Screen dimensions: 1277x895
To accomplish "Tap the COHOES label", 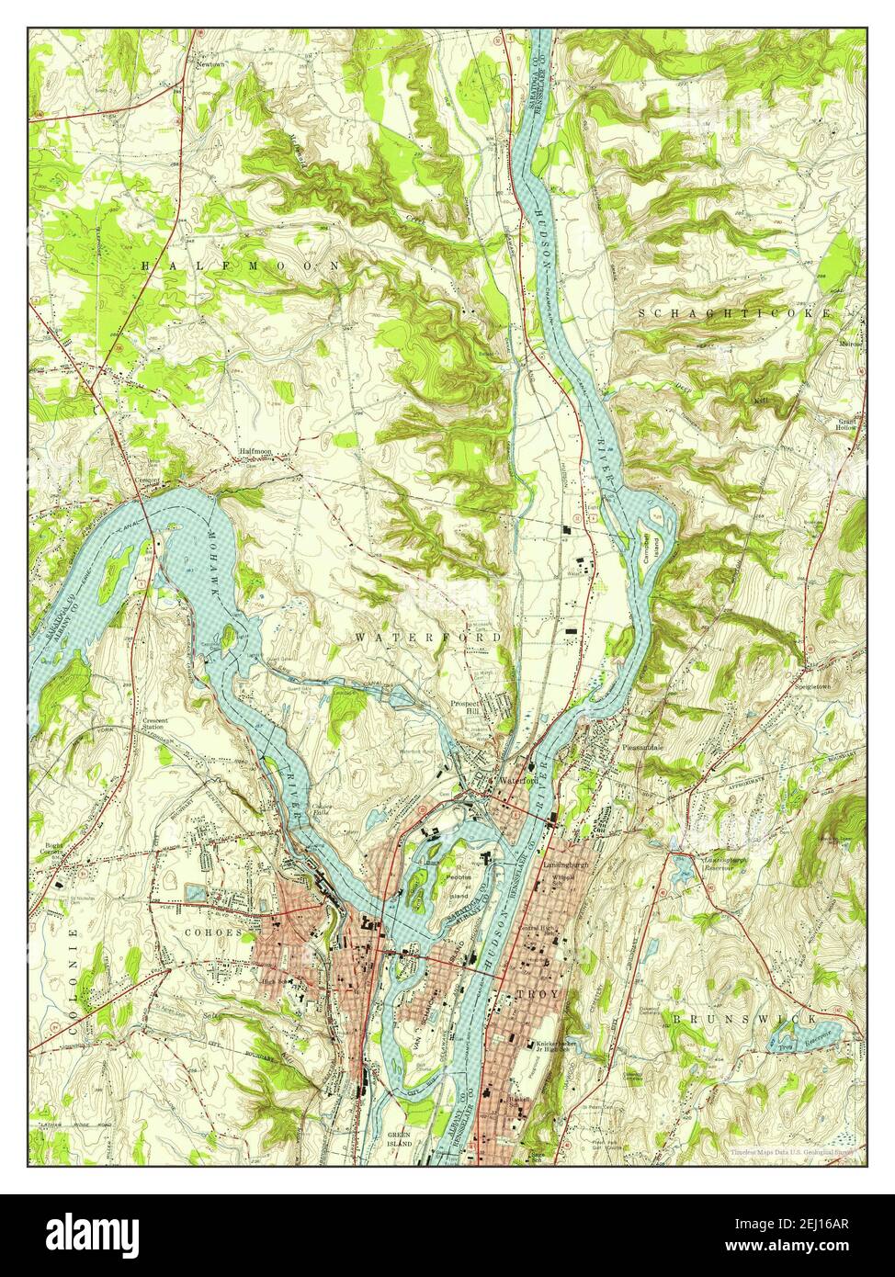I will pos(214,932).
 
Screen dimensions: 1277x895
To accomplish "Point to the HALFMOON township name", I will pos(241,265).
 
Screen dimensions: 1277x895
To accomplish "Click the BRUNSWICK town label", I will pos(742,1019).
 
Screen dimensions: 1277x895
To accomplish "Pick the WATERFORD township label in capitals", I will pos(428,637).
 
